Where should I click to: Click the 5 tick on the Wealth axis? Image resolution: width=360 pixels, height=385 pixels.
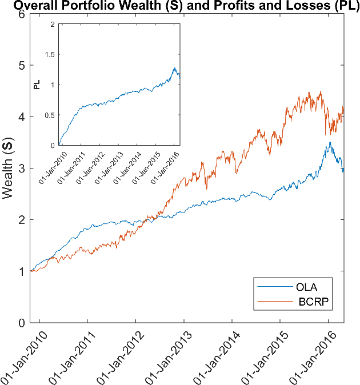[21, 65]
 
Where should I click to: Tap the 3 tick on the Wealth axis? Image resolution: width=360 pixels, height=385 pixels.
[21, 169]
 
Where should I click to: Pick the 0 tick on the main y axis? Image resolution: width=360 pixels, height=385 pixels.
[21, 323]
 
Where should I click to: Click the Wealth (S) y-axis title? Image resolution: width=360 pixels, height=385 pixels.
[8, 169]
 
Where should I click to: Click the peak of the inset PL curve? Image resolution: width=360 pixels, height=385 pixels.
[175, 68]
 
